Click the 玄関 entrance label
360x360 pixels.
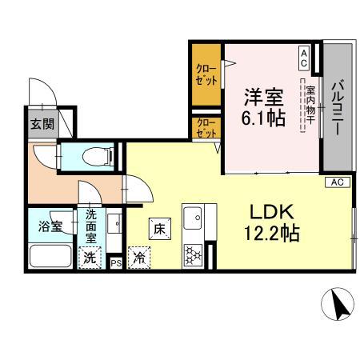click(42, 123)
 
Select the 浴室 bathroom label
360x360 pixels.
click(50, 226)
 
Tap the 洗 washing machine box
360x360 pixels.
click(90, 258)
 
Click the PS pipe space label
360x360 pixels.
click(116, 262)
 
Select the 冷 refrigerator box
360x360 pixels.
click(139, 258)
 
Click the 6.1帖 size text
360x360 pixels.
click(263, 119)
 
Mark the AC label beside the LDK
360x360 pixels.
click(337, 182)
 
